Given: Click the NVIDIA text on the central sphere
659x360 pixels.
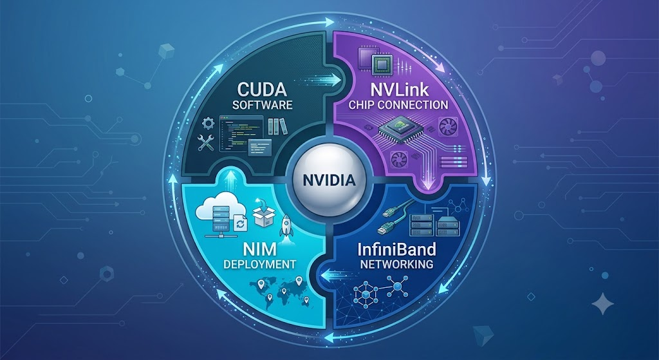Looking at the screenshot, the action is pyautogui.click(x=329, y=180).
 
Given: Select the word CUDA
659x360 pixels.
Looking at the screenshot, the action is pyautogui.click(x=262, y=89).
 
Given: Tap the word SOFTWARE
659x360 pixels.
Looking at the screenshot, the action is pyautogui.click(x=263, y=105).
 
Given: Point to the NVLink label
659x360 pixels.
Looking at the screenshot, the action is pyautogui.click(x=399, y=90).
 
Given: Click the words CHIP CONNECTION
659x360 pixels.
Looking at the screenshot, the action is pyautogui.click(x=398, y=105).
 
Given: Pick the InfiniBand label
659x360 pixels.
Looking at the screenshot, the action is pyautogui.click(x=396, y=249).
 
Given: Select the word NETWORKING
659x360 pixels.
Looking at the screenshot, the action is pyautogui.click(x=396, y=264).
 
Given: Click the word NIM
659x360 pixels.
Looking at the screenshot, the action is pyautogui.click(x=260, y=249).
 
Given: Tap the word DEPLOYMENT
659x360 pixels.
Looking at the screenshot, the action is pyautogui.click(x=259, y=265).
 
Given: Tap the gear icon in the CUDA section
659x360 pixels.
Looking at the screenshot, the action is pyautogui.click(x=208, y=124).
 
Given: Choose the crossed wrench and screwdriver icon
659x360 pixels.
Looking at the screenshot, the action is pyautogui.click(x=206, y=143).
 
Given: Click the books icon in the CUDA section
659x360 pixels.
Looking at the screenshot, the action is pyautogui.click(x=278, y=126).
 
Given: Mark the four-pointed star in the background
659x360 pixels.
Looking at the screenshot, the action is pyautogui.click(x=602, y=303).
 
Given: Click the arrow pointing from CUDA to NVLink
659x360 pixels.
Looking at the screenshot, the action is pyautogui.click(x=324, y=80).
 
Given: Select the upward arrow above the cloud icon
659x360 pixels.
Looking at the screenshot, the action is pyautogui.click(x=230, y=179).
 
